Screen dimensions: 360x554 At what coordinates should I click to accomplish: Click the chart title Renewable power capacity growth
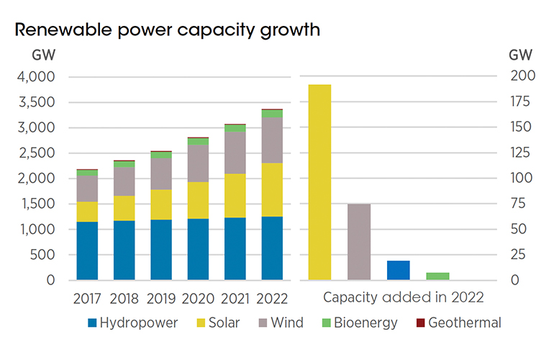click(x=167, y=30)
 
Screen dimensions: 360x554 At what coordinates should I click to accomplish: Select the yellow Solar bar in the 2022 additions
click(x=319, y=182)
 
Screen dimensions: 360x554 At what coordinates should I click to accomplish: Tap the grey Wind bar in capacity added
click(x=358, y=242)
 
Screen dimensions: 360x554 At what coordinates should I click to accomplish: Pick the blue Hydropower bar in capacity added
click(x=398, y=270)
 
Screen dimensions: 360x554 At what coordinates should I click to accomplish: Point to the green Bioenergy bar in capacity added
click(x=437, y=276)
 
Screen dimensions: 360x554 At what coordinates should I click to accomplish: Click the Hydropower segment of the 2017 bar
click(x=87, y=251)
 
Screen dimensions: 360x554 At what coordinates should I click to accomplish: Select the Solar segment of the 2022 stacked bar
click(x=272, y=190)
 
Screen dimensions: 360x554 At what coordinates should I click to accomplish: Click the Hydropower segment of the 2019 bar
click(x=161, y=249)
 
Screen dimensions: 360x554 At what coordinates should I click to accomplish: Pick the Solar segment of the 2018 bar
click(x=124, y=208)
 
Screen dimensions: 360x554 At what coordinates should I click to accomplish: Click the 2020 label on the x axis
click(x=198, y=297)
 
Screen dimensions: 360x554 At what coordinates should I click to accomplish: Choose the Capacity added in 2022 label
click(x=403, y=297)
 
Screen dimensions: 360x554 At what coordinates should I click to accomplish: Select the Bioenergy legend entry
click(x=362, y=323)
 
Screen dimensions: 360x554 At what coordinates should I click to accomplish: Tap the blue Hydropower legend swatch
click(x=92, y=323)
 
